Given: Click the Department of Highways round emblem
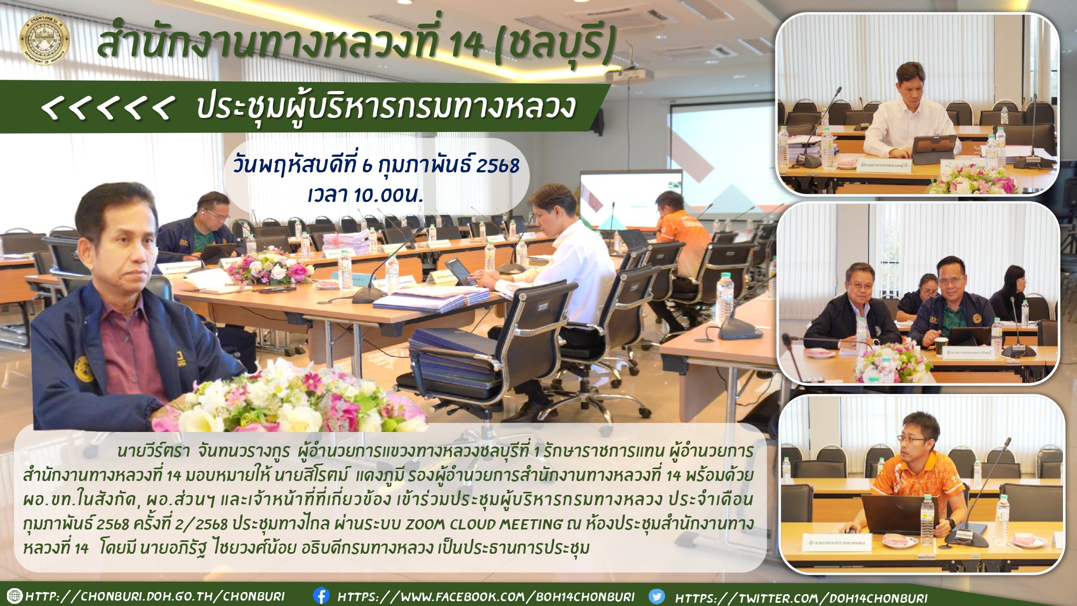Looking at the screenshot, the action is (x=44, y=39).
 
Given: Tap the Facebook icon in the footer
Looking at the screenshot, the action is (x=321, y=595).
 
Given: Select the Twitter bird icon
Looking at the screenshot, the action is (x=656, y=596).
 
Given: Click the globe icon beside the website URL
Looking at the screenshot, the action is (x=15, y=596).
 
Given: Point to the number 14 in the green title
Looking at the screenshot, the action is (x=466, y=44).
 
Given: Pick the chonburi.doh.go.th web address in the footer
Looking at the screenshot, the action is (x=155, y=596).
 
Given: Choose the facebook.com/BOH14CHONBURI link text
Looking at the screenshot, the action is (x=486, y=596).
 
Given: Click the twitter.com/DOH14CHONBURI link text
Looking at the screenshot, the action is (x=801, y=597).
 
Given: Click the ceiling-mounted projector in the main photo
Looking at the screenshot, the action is (x=630, y=75).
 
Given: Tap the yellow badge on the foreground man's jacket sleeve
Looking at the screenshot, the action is (x=83, y=368).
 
